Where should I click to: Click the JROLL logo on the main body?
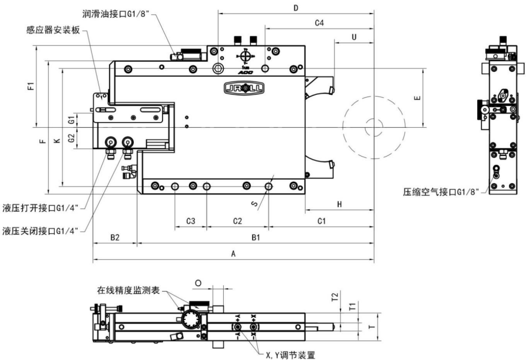tap(244, 88)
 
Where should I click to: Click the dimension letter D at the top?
tap(296, 8)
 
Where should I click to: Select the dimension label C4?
tap(319, 23)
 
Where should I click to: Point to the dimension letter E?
tap(417, 98)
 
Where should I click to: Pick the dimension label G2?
tap(71, 138)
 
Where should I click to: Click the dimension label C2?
tap(237, 221)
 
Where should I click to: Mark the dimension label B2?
tap(115, 237)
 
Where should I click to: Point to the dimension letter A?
tap(233, 254)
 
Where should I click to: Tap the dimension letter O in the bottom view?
tap(197, 283)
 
